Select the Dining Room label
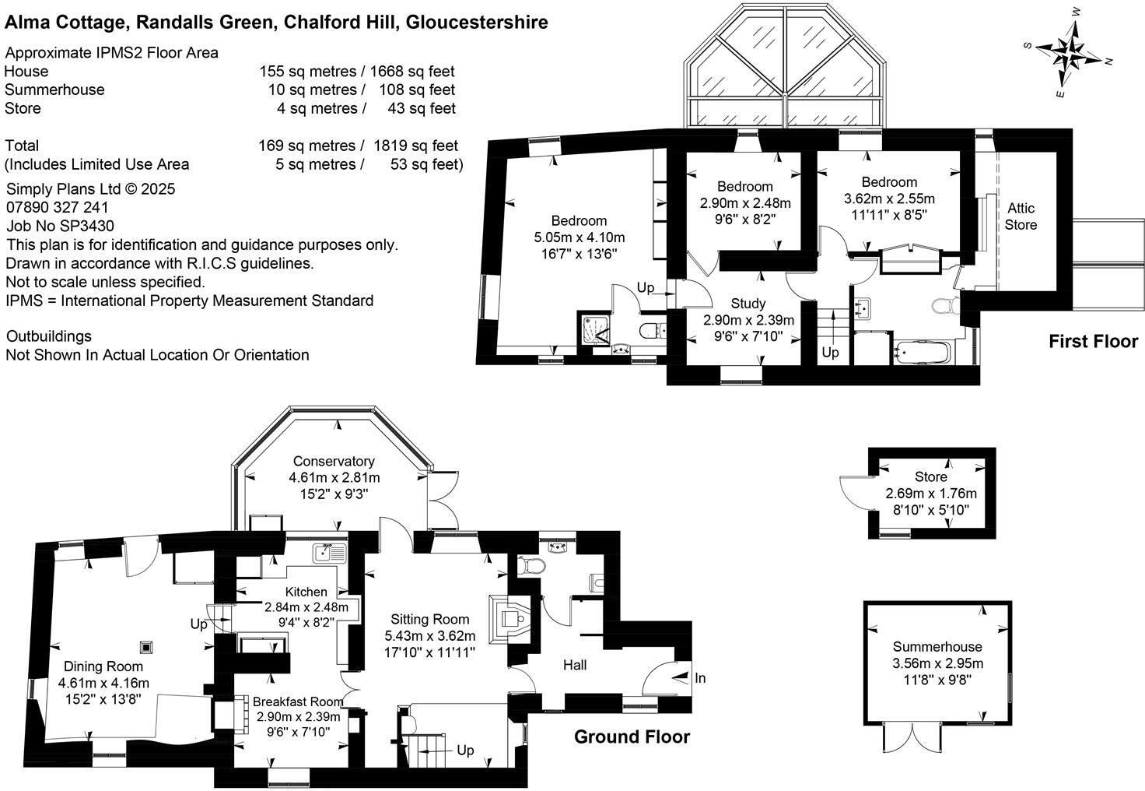tap(103, 666)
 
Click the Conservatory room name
tap(334, 461)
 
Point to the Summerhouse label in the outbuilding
tap(937, 646)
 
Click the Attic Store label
tap(1021, 216)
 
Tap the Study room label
tap(748, 303)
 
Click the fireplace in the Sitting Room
tap(509, 618)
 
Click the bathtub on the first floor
tap(923, 353)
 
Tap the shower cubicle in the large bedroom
tap(595, 329)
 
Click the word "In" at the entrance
tap(700, 678)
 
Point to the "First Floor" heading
tap(1093, 341)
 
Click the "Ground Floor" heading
tap(632, 737)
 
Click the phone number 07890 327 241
tap(58, 207)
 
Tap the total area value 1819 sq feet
tap(415, 146)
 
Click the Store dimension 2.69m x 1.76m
tap(931, 494)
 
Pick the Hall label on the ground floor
tap(575, 664)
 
